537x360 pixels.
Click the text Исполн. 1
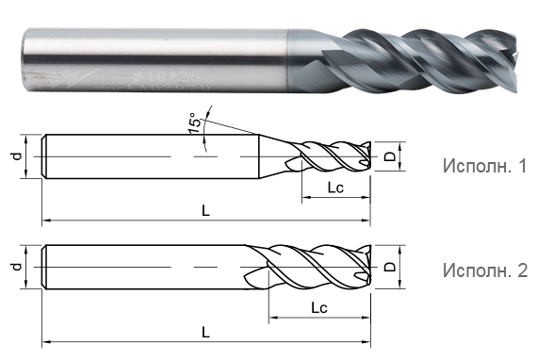pos(484,167)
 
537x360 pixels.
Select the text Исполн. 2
pos(484,270)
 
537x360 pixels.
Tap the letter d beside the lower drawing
pos(17,267)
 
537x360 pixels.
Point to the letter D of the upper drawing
pos(390,158)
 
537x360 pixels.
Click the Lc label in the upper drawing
pos(334,188)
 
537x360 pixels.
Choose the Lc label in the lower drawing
pos(318,308)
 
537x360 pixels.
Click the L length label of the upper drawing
pos(205,211)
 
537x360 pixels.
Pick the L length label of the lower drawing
pos(205,332)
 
